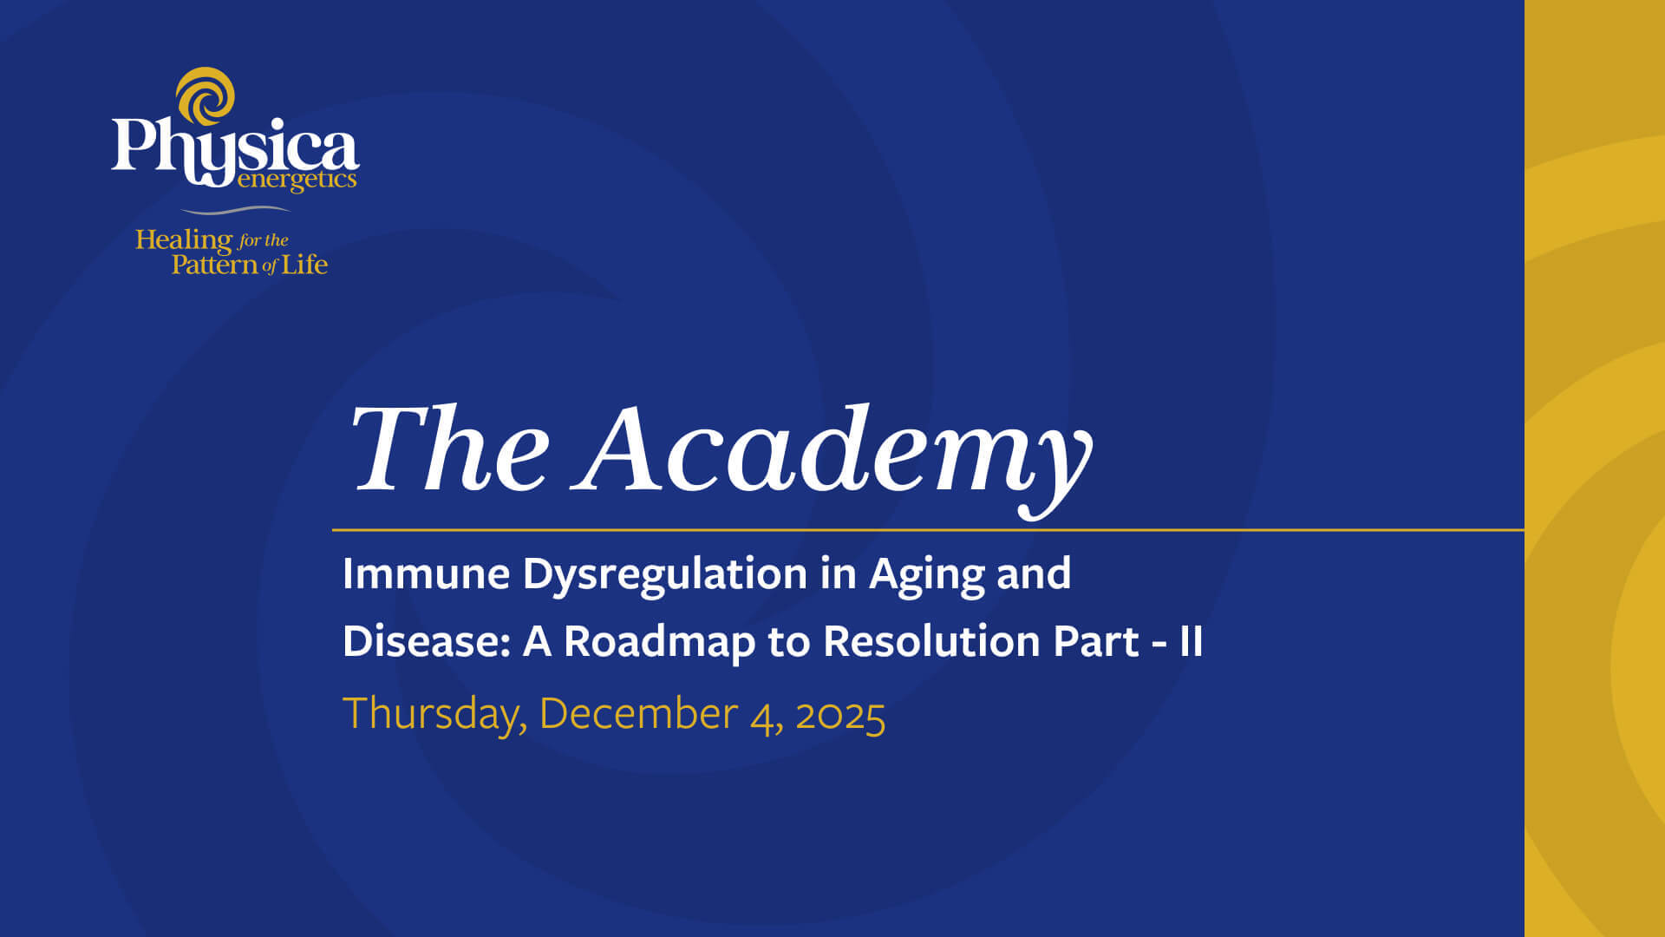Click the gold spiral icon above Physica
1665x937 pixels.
(206, 95)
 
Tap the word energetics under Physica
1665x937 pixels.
(297, 180)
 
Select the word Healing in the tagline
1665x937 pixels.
(183, 240)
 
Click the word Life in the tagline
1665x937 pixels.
(304, 264)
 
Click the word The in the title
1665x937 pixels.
(449, 449)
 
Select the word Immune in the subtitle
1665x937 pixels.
(426, 573)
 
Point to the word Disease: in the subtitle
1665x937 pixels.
(426, 641)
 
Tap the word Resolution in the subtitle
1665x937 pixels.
(931, 641)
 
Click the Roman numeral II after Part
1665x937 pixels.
(1191, 642)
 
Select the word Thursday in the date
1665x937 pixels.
(434, 715)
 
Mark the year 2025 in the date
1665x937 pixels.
(840, 715)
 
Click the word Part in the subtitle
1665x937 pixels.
(1095, 641)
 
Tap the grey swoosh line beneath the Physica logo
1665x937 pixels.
(235, 210)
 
